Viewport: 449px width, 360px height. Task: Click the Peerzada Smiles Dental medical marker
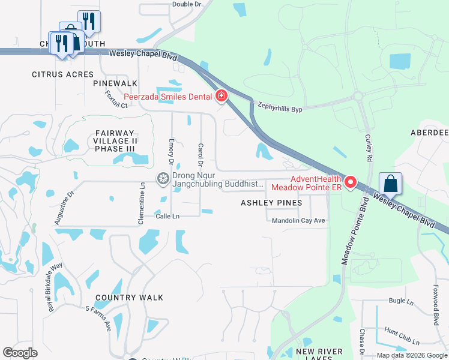(221, 96)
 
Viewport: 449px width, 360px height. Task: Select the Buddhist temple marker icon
(162, 178)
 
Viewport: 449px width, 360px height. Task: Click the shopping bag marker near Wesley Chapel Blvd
(391, 184)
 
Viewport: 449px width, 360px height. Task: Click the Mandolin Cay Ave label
(298, 220)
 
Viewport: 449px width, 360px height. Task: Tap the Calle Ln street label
(168, 216)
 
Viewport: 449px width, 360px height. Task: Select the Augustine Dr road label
(64, 208)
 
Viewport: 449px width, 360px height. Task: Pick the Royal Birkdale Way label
(55, 287)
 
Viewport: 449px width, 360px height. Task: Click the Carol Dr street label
(200, 155)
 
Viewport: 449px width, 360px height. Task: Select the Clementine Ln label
(142, 203)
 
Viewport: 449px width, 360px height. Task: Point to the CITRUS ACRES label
(63, 74)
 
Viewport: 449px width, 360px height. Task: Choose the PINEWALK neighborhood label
(115, 83)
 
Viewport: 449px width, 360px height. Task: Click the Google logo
(20, 353)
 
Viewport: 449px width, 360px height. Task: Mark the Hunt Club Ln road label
(403, 336)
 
